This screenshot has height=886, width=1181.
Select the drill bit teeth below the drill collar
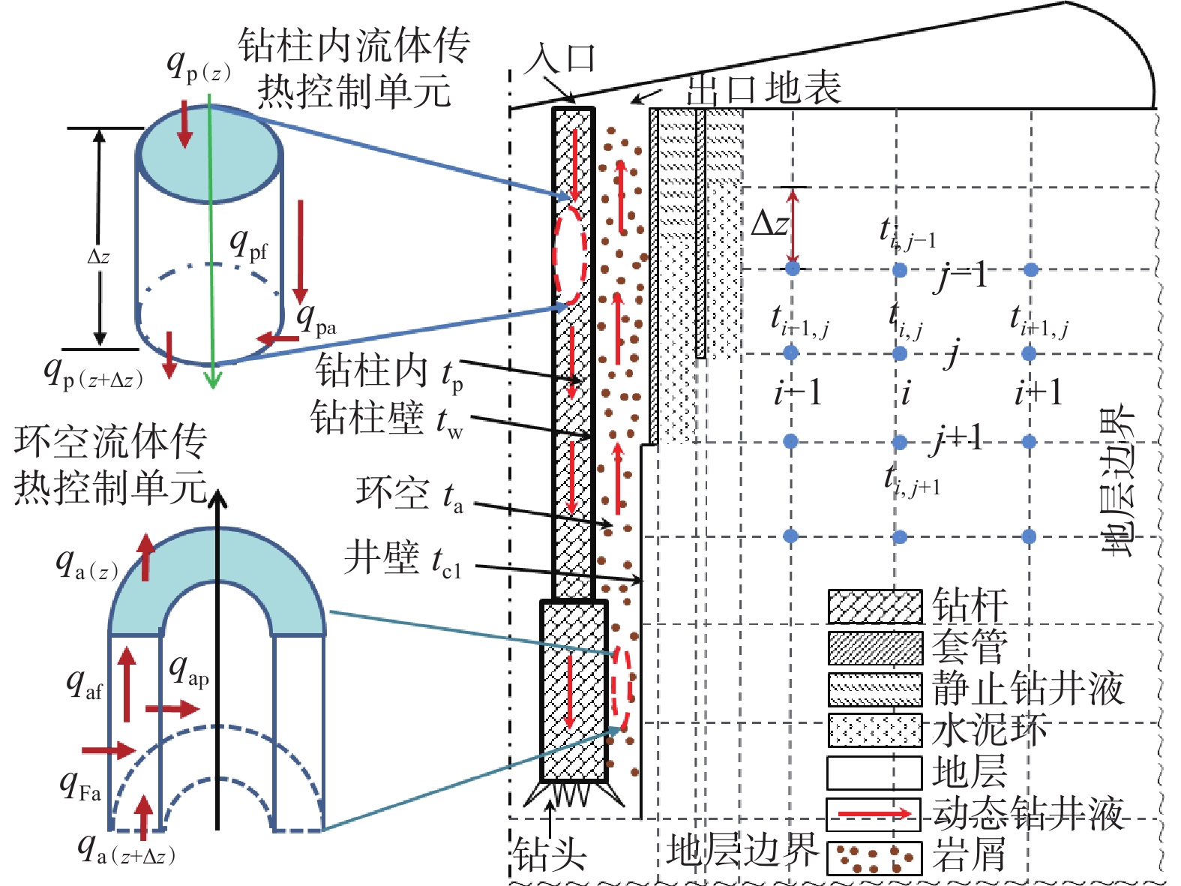point(574,794)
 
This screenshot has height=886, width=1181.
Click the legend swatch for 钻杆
point(874,606)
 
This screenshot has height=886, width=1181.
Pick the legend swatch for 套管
point(874,648)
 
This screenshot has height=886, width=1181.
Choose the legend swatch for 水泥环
point(874,731)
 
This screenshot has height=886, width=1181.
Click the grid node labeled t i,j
point(900,353)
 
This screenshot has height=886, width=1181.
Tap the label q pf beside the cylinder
point(249,244)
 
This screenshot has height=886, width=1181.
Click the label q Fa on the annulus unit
point(81,785)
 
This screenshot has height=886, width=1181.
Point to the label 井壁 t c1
point(403,560)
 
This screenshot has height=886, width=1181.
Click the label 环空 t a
point(409,495)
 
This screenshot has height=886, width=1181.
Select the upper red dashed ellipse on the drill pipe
point(570,255)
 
